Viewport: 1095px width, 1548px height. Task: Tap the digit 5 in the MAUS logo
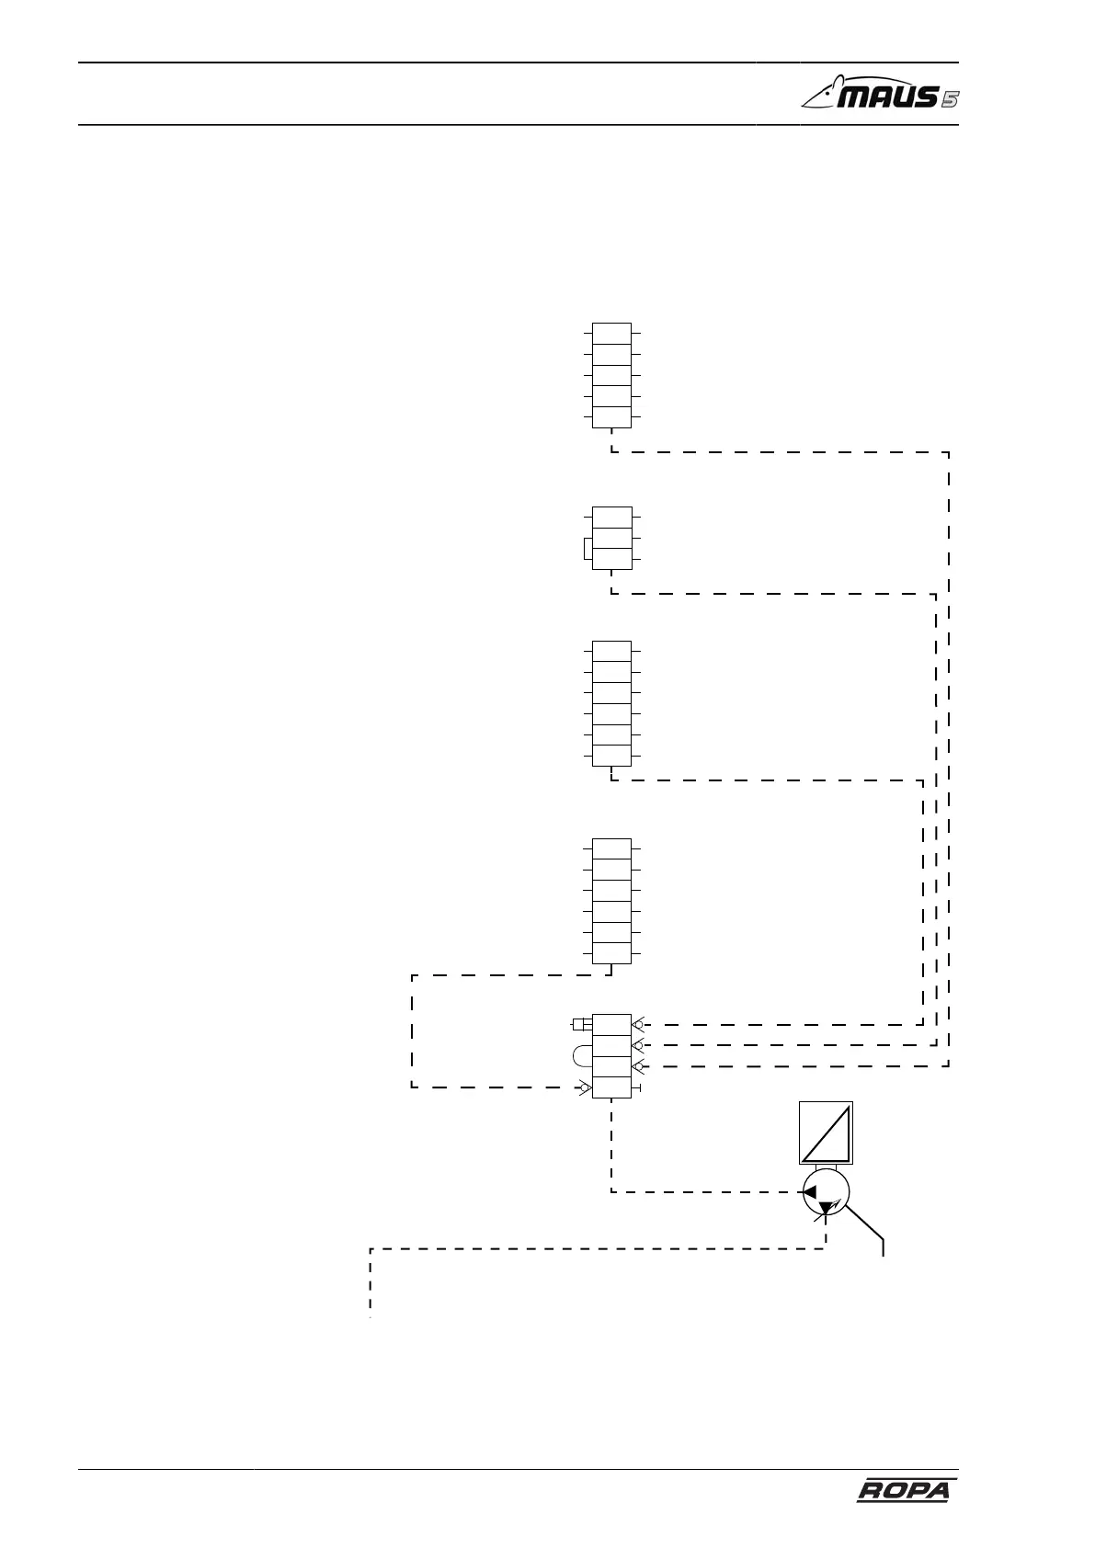tap(949, 98)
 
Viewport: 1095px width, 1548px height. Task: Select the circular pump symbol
tap(826, 1193)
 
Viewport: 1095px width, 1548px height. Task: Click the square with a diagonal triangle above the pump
tap(826, 1132)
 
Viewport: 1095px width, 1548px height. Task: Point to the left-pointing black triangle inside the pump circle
tap(810, 1192)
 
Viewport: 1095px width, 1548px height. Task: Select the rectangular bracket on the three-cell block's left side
tap(587, 549)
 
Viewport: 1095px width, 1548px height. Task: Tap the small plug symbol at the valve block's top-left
tap(581, 1024)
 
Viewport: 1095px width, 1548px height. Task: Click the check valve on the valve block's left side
tap(584, 1089)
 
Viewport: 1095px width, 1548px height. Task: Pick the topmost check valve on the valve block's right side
tap(638, 1024)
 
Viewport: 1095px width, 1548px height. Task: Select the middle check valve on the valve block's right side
tap(638, 1045)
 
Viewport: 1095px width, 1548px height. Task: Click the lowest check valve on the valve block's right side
tap(638, 1066)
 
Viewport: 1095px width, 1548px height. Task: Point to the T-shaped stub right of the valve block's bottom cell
tap(637, 1088)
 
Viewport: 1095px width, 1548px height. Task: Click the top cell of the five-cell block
tap(611, 333)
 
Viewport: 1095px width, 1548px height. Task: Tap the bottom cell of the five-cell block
tap(611, 417)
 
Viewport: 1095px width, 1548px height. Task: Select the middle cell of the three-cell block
tap(611, 537)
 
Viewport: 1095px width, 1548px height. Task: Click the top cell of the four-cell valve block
tap(611, 1025)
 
